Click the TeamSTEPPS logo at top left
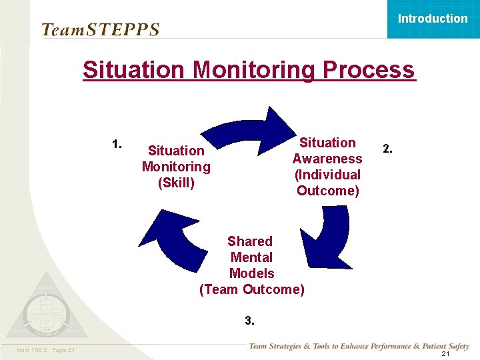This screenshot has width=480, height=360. point(101,29)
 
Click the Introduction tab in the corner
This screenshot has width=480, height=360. point(433,19)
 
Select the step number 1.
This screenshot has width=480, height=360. point(117,143)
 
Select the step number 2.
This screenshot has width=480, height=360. point(387,149)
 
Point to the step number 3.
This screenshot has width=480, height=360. point(249,321)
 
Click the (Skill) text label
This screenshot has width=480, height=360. point(176,183)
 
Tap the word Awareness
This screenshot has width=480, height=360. point(327,159)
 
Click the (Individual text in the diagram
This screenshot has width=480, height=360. point(327,175)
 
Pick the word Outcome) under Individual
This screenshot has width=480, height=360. point(327,191)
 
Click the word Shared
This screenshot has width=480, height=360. point(250,241)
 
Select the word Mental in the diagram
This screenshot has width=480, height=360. point(251,257)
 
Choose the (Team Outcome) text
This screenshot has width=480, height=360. point(252,289)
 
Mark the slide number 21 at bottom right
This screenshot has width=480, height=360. point(445,354)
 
